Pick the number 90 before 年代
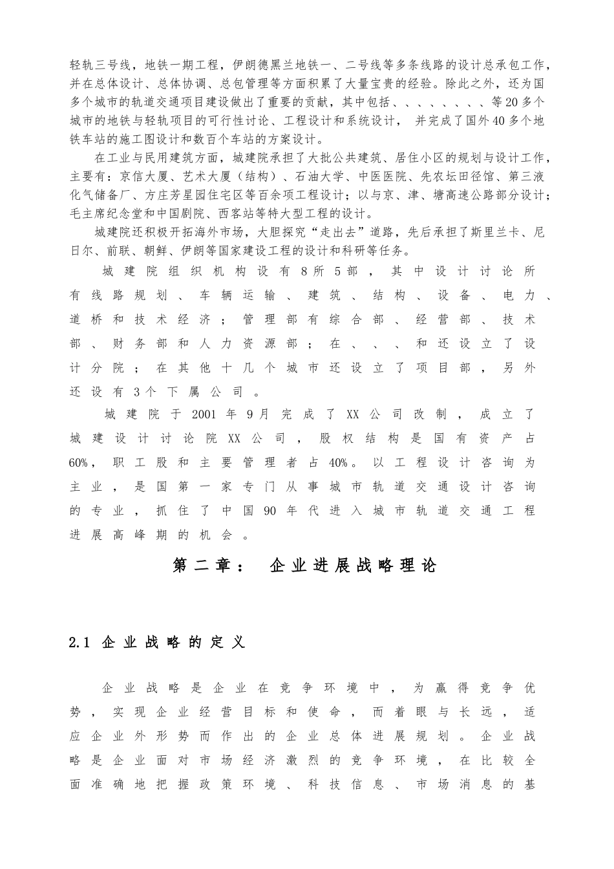point(270,510)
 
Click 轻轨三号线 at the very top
point(100,65)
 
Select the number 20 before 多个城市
point(509,102)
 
